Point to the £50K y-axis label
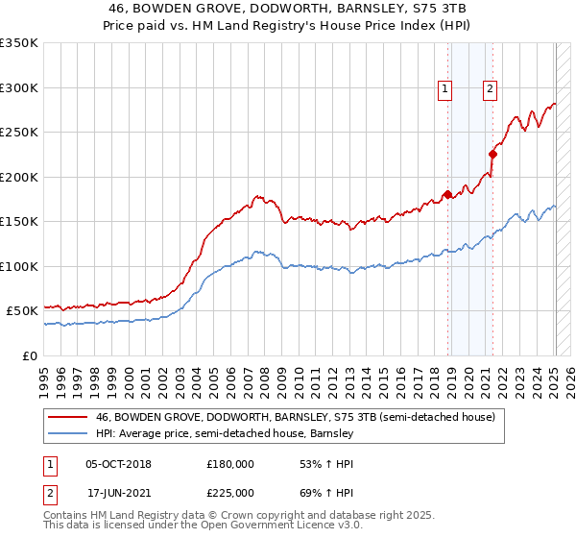22,311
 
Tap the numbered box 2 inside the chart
490,89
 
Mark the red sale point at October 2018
448,195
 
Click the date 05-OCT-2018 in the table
118,464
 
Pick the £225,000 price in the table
230,491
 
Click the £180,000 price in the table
230,464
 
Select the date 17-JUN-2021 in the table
118,491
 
